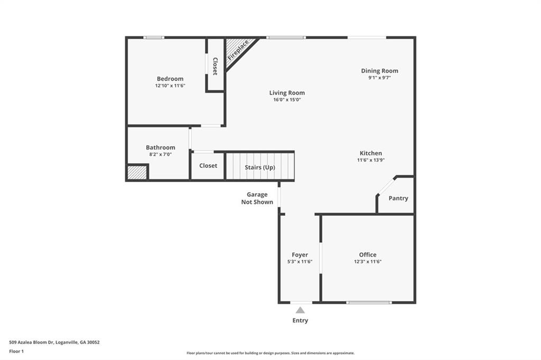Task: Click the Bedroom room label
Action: (x=170, y=79)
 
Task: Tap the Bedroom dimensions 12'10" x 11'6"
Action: (x=170, y=86)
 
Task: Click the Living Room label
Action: (x=287, y=93)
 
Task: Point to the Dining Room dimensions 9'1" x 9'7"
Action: (x=379, y=78)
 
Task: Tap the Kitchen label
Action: (x=371, y=153)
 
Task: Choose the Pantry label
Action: (x=398, y=198)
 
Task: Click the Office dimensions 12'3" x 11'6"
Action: (x=368, y=261)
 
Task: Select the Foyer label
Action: (x=300, y=255)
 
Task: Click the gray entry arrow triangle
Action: (x=300, y=310)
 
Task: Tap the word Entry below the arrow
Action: (x=300, y=320)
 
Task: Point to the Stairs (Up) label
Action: (x=260, y=167)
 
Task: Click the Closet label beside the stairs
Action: (x=208, y=166)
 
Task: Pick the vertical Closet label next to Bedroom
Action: (x=215, y=66)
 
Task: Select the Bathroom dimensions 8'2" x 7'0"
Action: (x=161, y=155)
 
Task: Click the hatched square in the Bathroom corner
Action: (x=137, y=173)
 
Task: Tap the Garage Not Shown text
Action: (x=257, y=198)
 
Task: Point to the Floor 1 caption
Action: (x=16, y=352)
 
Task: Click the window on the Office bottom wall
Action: (x=369, y=303)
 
